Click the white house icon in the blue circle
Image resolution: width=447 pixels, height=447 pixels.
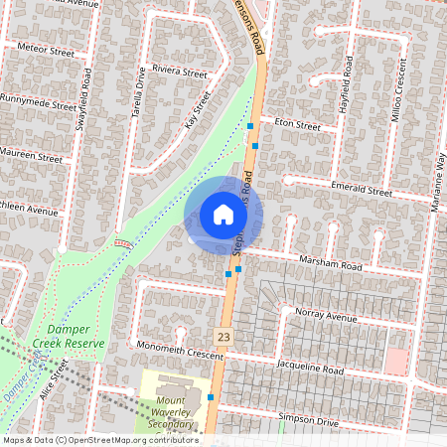click(223, 215)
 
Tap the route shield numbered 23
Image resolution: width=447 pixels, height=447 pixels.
click(225, 338)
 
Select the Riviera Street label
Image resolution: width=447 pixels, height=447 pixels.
click(179, 73)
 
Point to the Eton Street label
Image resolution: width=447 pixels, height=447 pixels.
click(297, 126)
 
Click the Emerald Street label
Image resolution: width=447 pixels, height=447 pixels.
click(365, 188)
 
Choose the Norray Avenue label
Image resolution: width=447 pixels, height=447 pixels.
click(325, 317)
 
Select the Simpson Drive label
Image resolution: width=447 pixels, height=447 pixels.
click(308, 421)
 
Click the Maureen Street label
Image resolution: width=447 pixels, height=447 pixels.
click(34, 157)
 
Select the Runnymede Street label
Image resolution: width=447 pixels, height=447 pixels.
click(38, 101)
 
